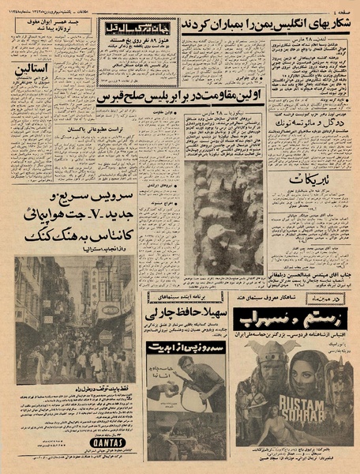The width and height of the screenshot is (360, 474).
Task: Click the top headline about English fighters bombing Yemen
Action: (261, 25)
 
